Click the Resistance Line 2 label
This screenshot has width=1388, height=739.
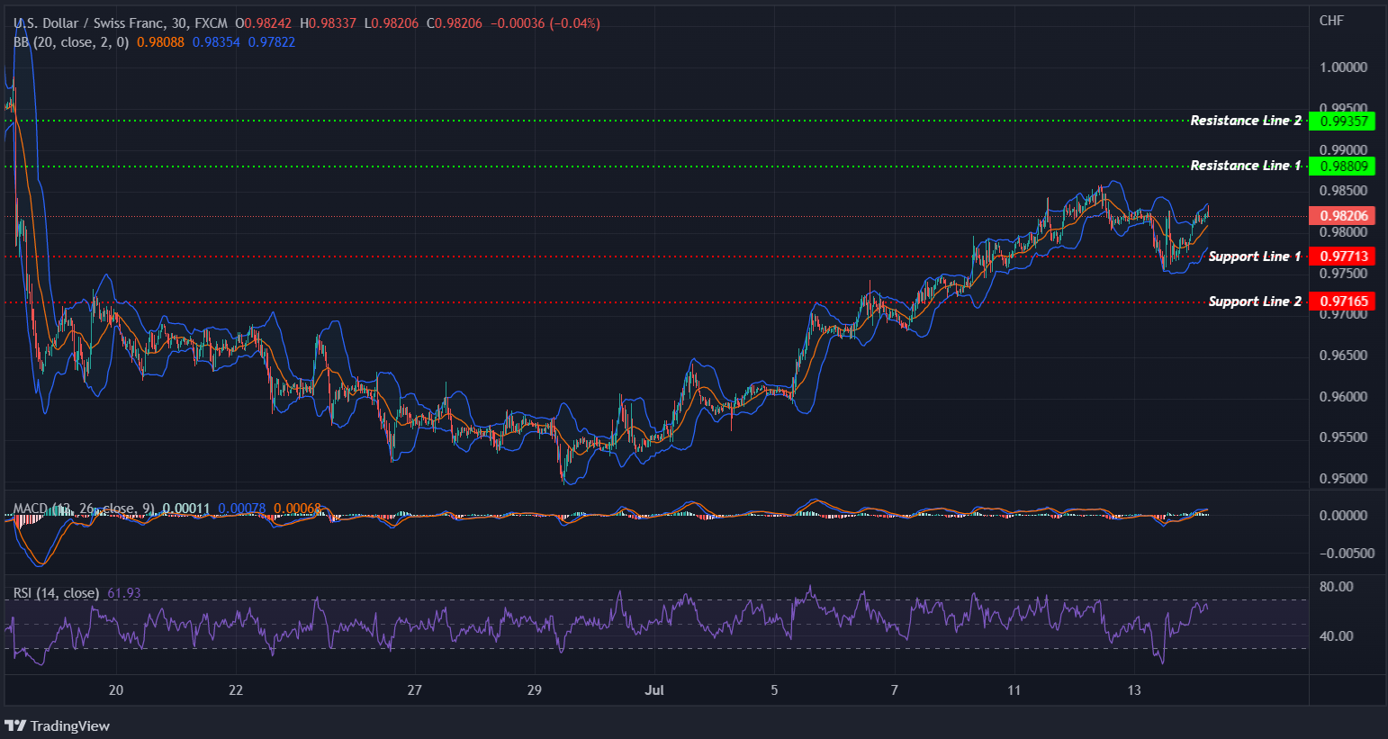point(1245,121)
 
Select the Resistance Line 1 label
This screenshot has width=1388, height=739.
point(1245,166)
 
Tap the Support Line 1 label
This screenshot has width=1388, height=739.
point(1254,257)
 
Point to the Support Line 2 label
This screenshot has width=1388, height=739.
point(1254,302)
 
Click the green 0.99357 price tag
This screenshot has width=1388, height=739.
point(1341,121)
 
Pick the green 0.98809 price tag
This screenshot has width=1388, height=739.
point(1341,166)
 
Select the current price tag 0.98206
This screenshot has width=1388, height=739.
point(1341,216)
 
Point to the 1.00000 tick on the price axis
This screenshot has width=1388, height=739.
point(1343,68)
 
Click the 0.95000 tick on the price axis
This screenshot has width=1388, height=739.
point(1343,479)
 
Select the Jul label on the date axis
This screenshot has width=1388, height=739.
point(654,690)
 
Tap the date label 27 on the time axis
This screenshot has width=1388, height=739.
point(414,690)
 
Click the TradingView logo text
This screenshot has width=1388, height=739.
point(69,726)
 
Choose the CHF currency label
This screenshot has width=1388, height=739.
point(1331,21)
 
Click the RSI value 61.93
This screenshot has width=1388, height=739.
point(124,593)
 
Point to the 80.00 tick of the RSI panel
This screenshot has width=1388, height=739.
point(1336,587)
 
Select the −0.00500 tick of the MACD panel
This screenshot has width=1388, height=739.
point(1347,554)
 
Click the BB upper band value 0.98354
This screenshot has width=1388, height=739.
point(216,42)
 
